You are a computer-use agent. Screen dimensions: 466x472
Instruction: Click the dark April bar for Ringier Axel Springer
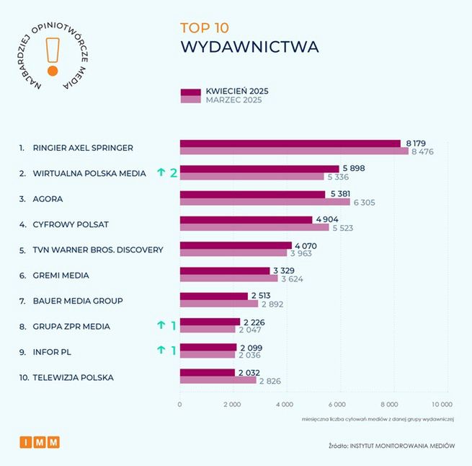290,144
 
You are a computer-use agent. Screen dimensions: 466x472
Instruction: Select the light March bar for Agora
264,203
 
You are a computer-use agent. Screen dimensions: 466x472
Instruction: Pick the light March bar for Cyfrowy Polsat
254,228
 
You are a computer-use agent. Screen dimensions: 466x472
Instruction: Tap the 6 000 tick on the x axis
338,405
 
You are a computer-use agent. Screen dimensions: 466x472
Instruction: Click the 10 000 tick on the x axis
442,405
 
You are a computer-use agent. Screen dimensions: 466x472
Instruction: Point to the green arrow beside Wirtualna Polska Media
161,173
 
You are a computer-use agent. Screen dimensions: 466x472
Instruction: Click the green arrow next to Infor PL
161,351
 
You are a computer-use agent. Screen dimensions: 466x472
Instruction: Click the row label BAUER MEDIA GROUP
78,301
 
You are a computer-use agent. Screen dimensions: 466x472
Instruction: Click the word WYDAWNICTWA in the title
249,48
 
